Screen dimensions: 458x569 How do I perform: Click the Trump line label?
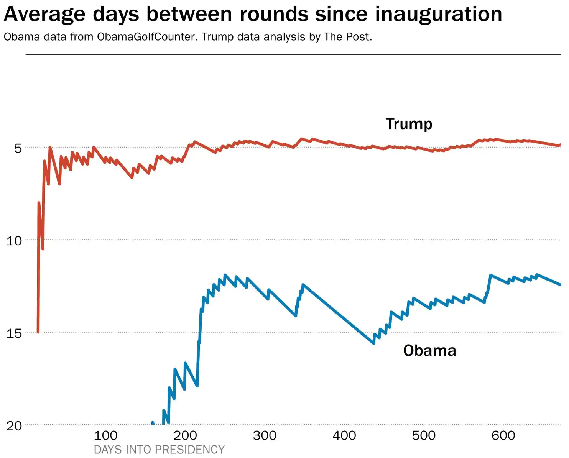[x=409, y=124]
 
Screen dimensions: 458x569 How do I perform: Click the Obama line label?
[x=429, y=351]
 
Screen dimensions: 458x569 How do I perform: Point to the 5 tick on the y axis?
[x=18, y=148]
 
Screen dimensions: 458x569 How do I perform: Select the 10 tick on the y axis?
[x=14, y=241]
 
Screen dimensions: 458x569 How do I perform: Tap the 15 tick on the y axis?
[x=14, y=333]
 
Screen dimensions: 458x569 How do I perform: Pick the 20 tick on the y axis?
[x=14, y=425]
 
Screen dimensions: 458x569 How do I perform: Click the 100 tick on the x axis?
[x=105, y=435]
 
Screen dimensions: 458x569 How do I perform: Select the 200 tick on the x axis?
[x=185, y=435]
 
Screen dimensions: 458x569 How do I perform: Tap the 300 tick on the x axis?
[x=265, y=435]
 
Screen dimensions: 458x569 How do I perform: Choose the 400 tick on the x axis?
[x=344, y=435]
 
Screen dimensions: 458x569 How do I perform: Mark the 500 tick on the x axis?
[x=424, y=435]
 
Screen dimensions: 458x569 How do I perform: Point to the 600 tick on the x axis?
[x=503, y=435]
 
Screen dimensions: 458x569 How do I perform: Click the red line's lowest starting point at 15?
[x=38, y=332]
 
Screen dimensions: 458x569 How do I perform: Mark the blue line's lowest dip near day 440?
[x=373, y=343]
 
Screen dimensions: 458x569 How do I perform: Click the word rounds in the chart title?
[x=274, y=14]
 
